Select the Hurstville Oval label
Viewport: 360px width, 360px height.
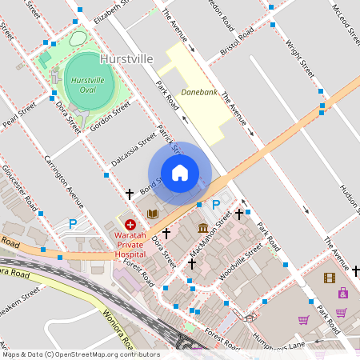coord(88,86)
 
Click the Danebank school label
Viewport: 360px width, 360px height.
coord(199,92)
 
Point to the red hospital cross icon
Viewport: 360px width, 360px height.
coord(130,226)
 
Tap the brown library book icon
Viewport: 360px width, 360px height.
coord(152,214)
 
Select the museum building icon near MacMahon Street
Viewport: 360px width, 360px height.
coord(203,228)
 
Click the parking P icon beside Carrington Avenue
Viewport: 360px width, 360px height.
coord(74,224)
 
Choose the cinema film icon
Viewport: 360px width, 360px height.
coord(330,278)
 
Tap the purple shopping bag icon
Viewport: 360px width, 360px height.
coord(342,293)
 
